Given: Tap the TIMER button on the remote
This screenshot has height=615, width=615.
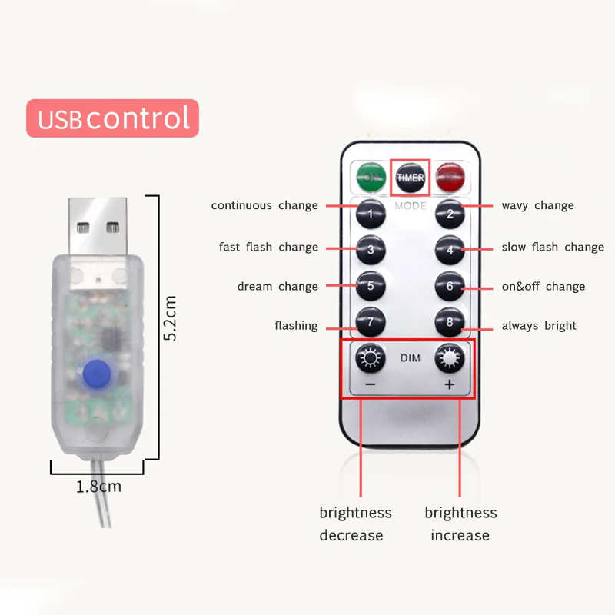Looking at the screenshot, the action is click(x=411, y=178).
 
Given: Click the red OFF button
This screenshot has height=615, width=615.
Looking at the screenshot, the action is click(x=450, y=178).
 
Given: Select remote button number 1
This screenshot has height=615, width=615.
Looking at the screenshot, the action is click(x=371, y=214).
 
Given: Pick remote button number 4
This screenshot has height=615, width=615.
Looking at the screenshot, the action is click(x=450, y=250).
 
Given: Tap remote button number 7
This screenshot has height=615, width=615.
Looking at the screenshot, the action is click(x=371, y=322).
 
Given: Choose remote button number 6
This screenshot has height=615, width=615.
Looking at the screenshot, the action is click(x=450, y=286).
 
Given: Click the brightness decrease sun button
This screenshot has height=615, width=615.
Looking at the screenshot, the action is click(x=371, y=357).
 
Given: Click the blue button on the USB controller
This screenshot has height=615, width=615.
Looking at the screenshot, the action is click(x=97, y=373).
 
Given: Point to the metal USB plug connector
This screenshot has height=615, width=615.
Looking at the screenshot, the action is click(x=98, y=226).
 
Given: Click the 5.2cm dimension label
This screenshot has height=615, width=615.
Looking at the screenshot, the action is click(x=170, y=318).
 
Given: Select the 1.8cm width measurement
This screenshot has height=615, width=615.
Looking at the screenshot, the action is click(x=99, y=487).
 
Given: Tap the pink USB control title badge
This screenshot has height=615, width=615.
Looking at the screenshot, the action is click(x=112, y=118).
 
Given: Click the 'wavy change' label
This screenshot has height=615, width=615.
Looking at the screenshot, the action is click(x=537, y=205).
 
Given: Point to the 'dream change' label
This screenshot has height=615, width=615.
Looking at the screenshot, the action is click(x=278, y=286).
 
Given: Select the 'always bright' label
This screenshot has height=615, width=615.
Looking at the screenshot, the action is click(x=539, y=325).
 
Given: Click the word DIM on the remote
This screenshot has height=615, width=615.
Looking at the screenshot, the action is click(x=411, y=358).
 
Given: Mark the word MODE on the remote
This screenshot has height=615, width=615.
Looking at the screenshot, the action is click(x=411, y=206).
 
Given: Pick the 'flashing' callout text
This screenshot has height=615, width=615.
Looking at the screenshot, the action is click(x=296, y=325).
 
